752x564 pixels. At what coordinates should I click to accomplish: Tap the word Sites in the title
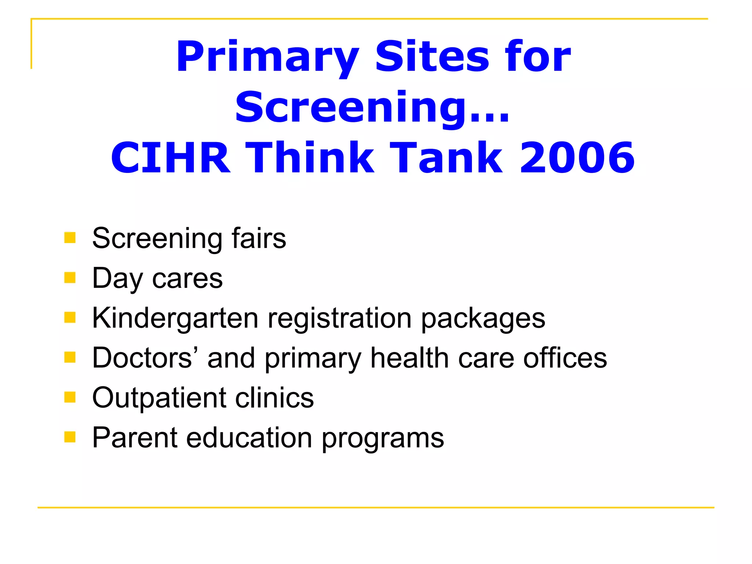[432, 57]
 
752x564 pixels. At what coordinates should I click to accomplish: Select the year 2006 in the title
[577, 158]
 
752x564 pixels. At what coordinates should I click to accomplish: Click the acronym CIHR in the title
[171, 158]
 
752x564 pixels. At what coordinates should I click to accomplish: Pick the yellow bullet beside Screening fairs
[70, 238]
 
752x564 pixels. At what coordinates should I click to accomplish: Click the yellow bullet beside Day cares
[70, 278]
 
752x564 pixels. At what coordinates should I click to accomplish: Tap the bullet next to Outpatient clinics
[70, 397]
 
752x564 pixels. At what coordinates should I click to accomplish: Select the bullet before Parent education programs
[70, 437]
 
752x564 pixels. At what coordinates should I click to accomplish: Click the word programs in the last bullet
[383, 438]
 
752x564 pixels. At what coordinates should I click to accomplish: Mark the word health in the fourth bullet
[409, 358]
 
